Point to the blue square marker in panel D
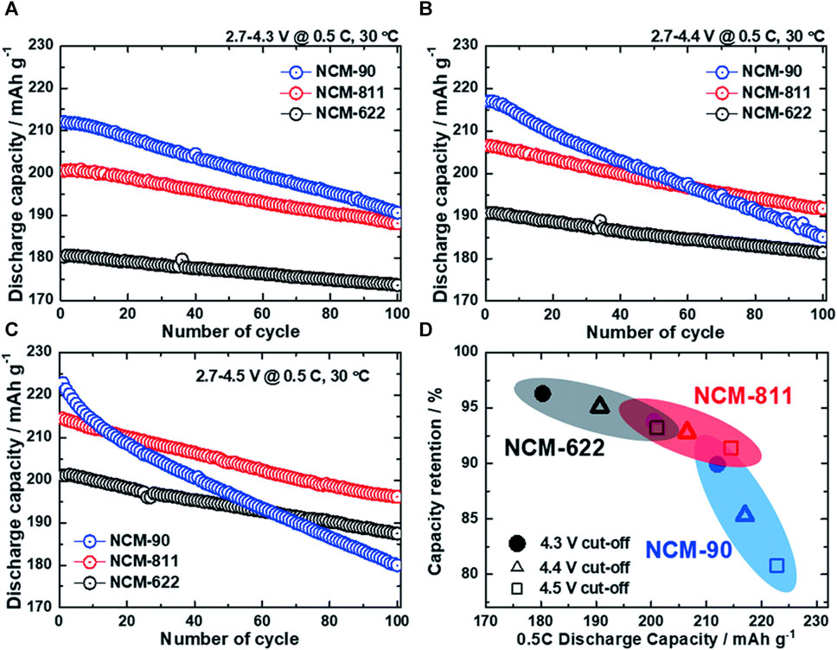point(776,565)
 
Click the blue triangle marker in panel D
point(744,515)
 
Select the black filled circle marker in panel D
point(542,393)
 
